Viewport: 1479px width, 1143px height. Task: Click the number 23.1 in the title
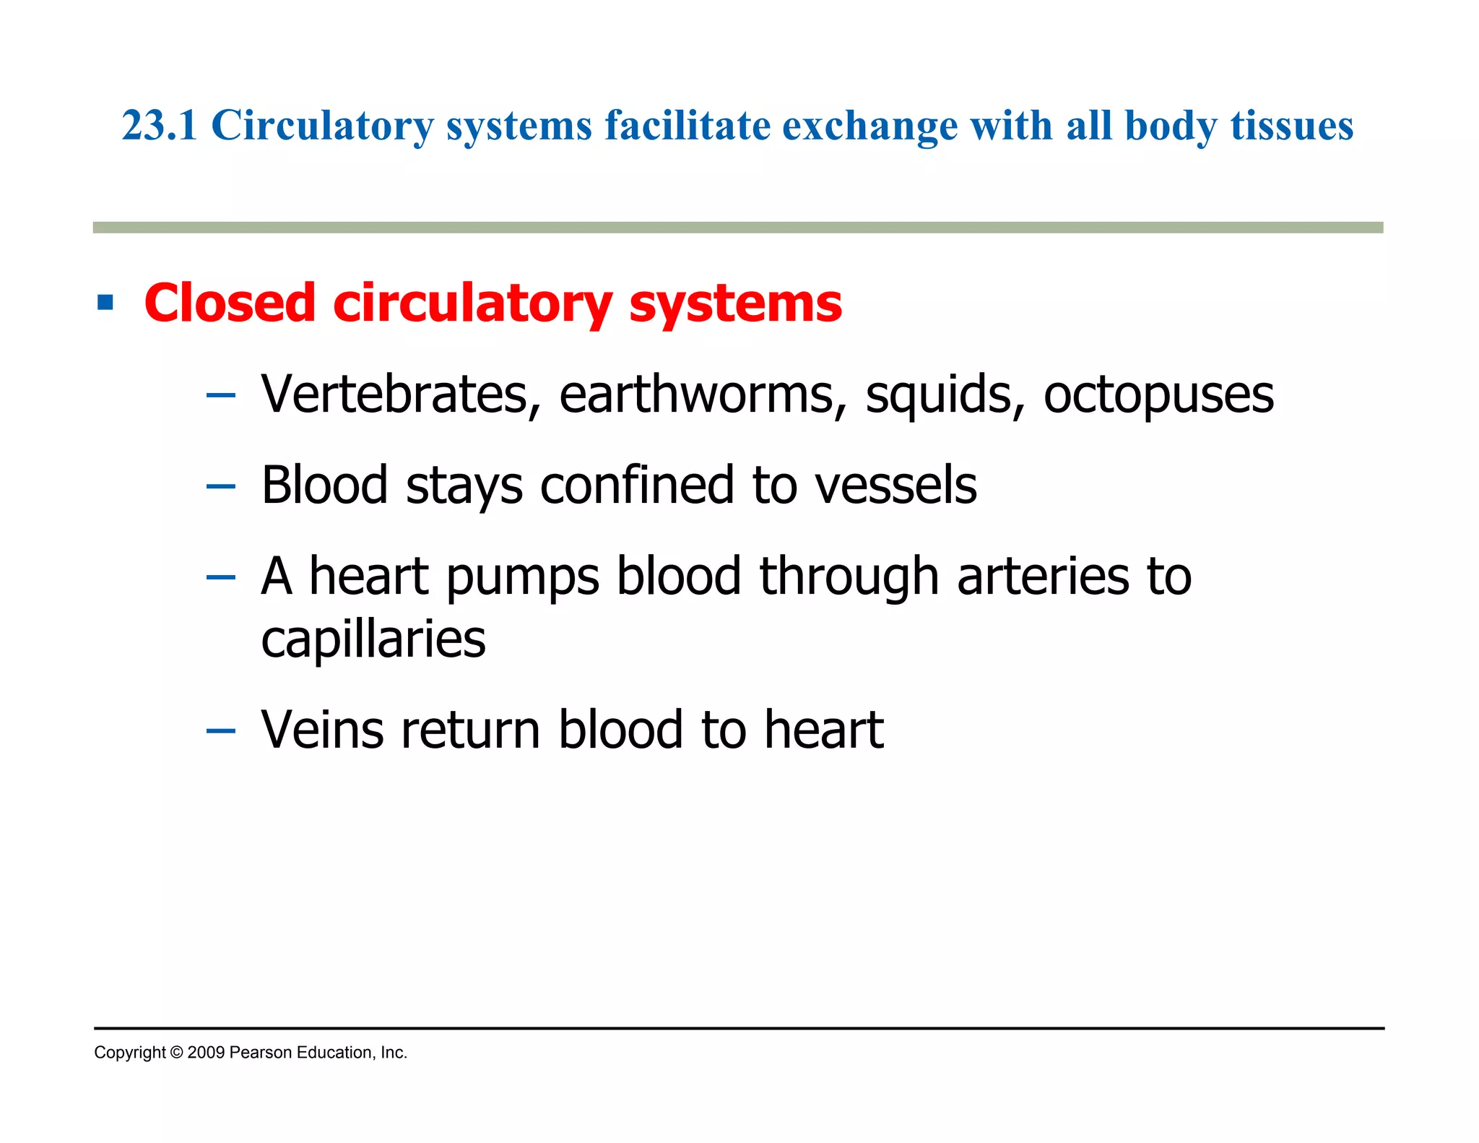[x=159, y=126]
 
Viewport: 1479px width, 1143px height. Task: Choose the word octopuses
[x=1158, y=396]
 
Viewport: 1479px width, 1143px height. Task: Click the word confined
[x=637, y=485]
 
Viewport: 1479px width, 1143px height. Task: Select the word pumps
[x=523, y=577]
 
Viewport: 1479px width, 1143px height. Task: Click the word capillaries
[x=373, y=639]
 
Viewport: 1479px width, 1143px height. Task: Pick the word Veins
[x=322, y=729]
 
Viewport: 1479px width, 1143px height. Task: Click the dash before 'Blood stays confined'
[x=220, y=486]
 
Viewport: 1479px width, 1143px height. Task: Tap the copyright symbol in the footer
[x=176, y=1053]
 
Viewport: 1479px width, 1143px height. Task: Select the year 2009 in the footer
[x=206, y=1053]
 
